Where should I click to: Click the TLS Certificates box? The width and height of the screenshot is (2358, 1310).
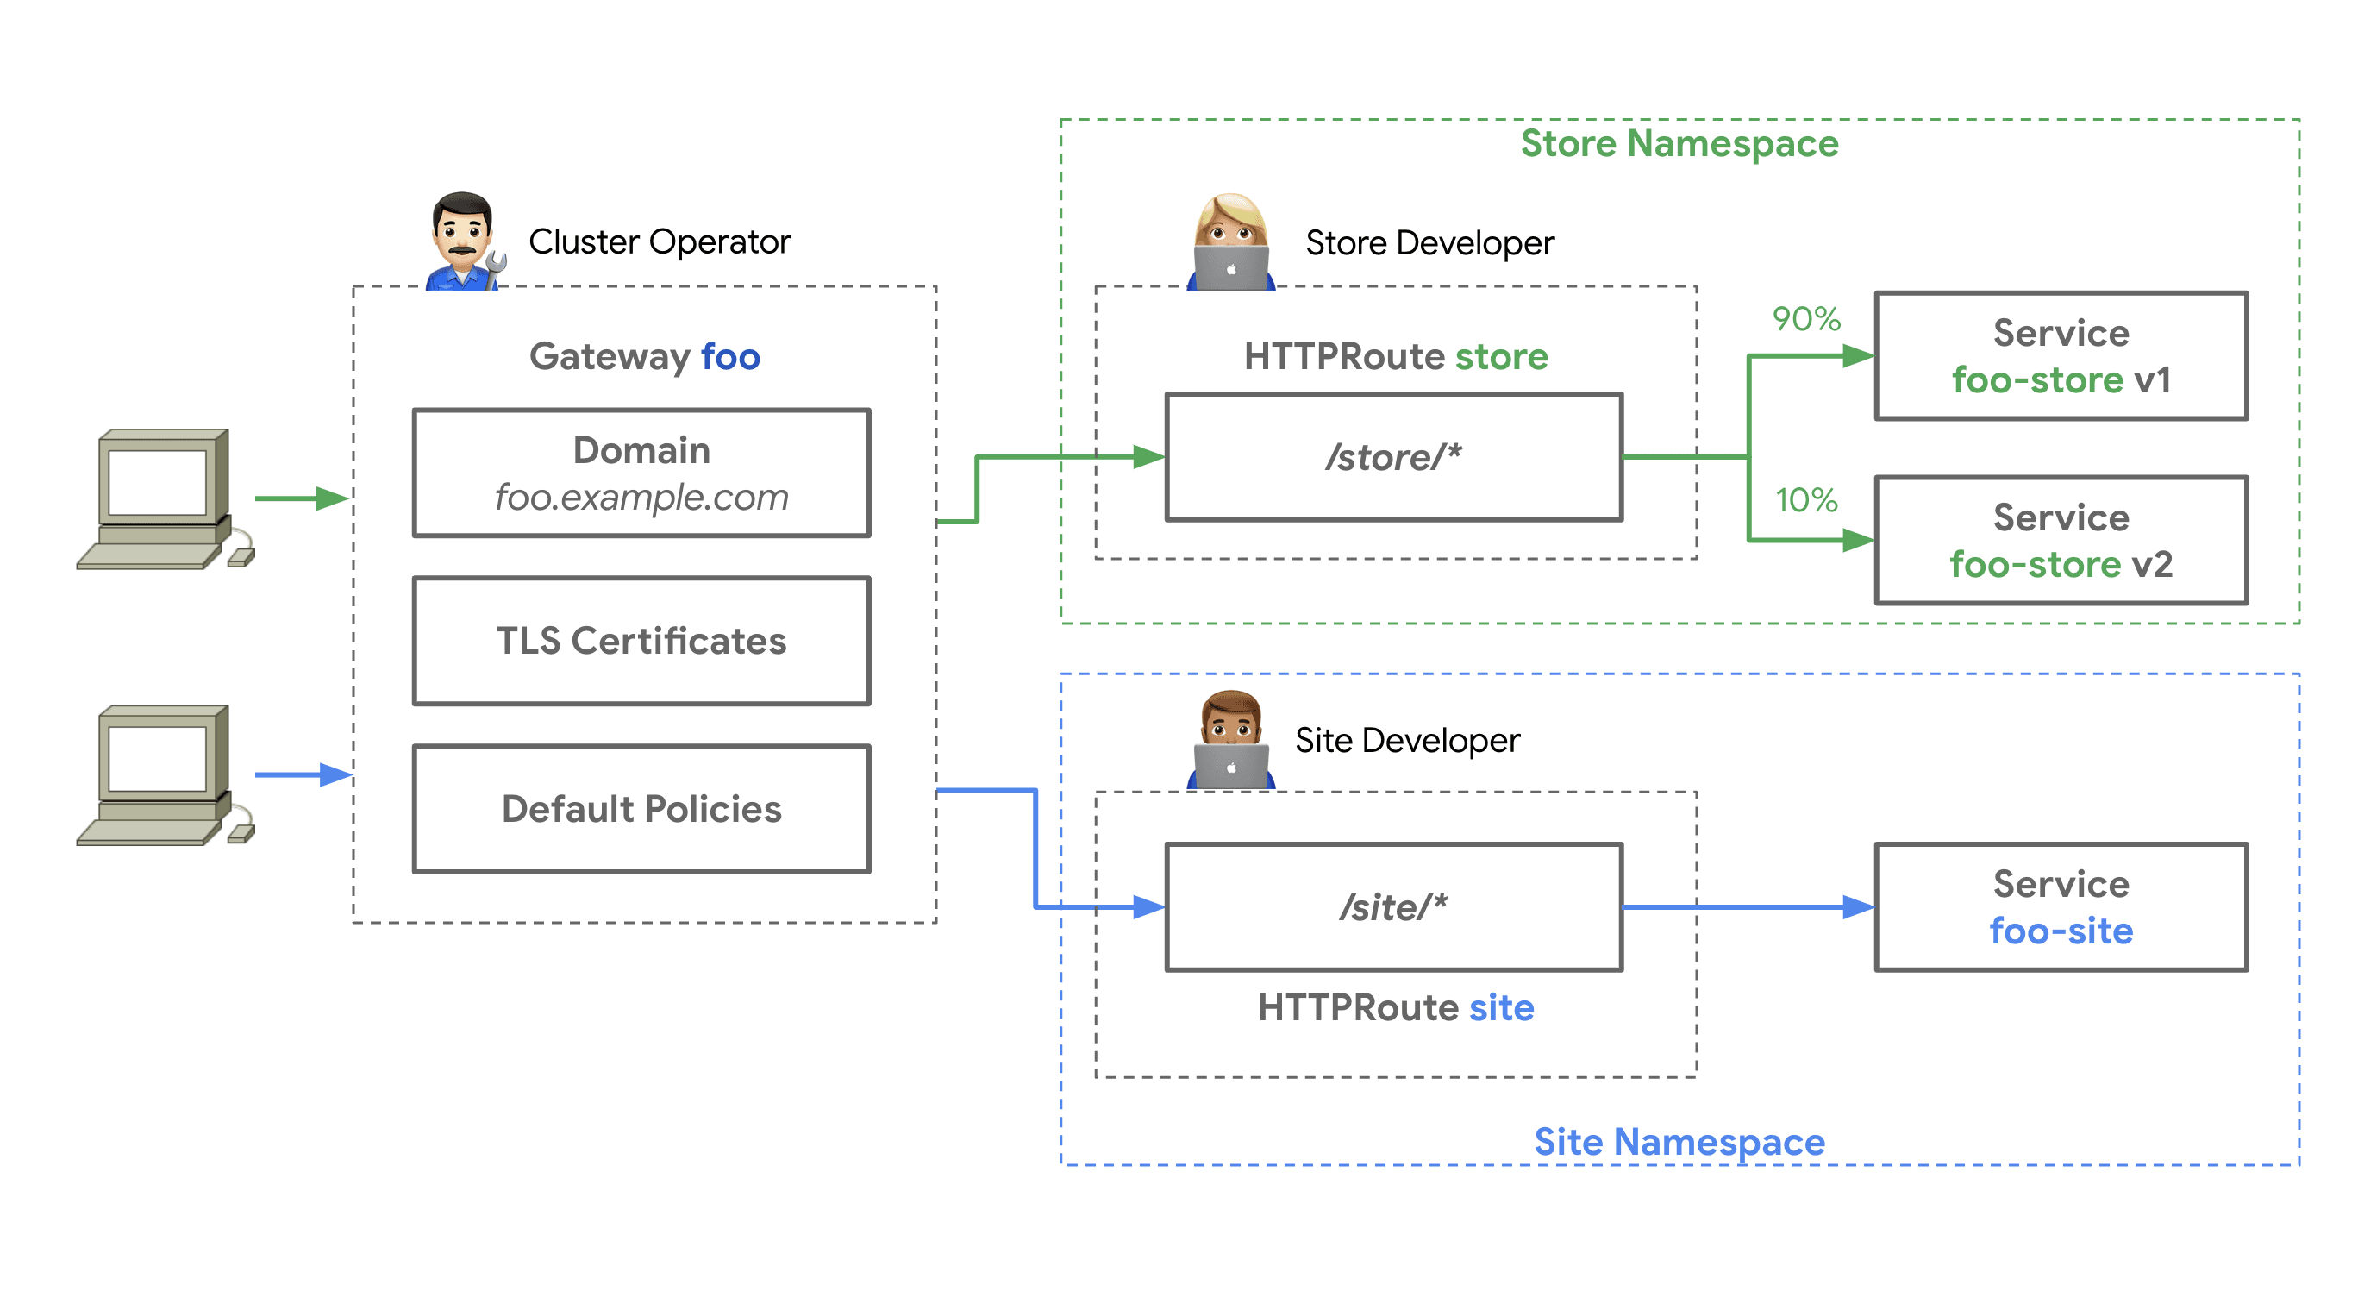coord(641,641)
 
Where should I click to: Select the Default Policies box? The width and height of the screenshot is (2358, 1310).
coord(641,808)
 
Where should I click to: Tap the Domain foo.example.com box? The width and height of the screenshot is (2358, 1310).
coord(641,473)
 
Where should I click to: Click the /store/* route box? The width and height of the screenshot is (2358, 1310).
coord(1393,457)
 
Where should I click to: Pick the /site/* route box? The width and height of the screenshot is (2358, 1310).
coord(1393,906)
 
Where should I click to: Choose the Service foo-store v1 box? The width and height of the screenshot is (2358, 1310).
coord(2061,356)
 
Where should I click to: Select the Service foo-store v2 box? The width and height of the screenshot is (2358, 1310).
coord(2061,540)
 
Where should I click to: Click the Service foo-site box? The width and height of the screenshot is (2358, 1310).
coord(2061,906)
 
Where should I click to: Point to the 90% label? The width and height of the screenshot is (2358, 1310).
coord(1805,318)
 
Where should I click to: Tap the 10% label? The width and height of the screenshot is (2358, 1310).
coord(1805,500)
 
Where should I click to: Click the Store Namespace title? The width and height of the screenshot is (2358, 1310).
coord(1679,144)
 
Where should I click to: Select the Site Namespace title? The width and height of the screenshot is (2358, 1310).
coord(1679,1142)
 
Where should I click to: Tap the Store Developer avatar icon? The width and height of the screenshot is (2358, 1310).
coord(1230,242)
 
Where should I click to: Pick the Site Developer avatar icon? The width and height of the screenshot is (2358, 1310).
coord(1230,740)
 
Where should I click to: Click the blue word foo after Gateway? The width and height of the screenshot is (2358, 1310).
coord(729,357)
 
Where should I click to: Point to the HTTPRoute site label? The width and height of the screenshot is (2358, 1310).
coord(1395,1007)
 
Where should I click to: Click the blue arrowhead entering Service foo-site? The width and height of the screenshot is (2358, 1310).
coord(1857,906)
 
